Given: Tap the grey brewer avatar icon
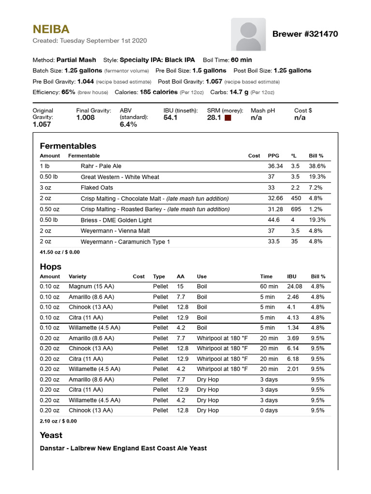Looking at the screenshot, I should pyautogui.click(x=248, y=34).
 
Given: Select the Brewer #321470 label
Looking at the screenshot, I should pyautogui.click(x=305, y=34).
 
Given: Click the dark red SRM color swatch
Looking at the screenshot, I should pyautogui.click(x=228, y=118).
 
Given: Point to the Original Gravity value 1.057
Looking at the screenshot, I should pyautogui.click(x=42, y=124).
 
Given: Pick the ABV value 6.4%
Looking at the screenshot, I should pyautogui.click(x=128, y=124).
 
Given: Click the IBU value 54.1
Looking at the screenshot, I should pyautogui.click(x=171, y=118).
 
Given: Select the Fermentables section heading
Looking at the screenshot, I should pyautogui.click(x=68, y=146).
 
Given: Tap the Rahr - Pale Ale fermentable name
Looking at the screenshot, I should pyautogui.click(x=101, y=166).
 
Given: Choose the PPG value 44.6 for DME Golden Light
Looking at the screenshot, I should pyautogui.click(x=274, y=220).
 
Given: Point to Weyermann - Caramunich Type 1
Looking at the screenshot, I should pyautogui.click(x=125, y=242).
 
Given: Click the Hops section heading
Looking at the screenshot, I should pyautogui.click(x=50, y=266).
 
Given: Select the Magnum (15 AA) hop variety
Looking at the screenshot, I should pyautogui.click(x=91, y=287).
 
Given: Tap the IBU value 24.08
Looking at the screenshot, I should pyautogui.click(x=294, y=287).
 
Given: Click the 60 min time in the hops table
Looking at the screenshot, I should pyautogui.click(x=269, y=287).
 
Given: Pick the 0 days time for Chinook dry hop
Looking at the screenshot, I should pyautogui.click(x=269, y=411).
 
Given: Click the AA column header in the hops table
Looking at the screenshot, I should pyautogui.click(x=181, y=276).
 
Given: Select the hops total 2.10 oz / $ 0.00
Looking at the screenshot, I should pyautogui.click(x=58, y=421).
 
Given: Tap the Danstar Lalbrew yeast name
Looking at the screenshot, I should pyautogui.click(x=123, y=448).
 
